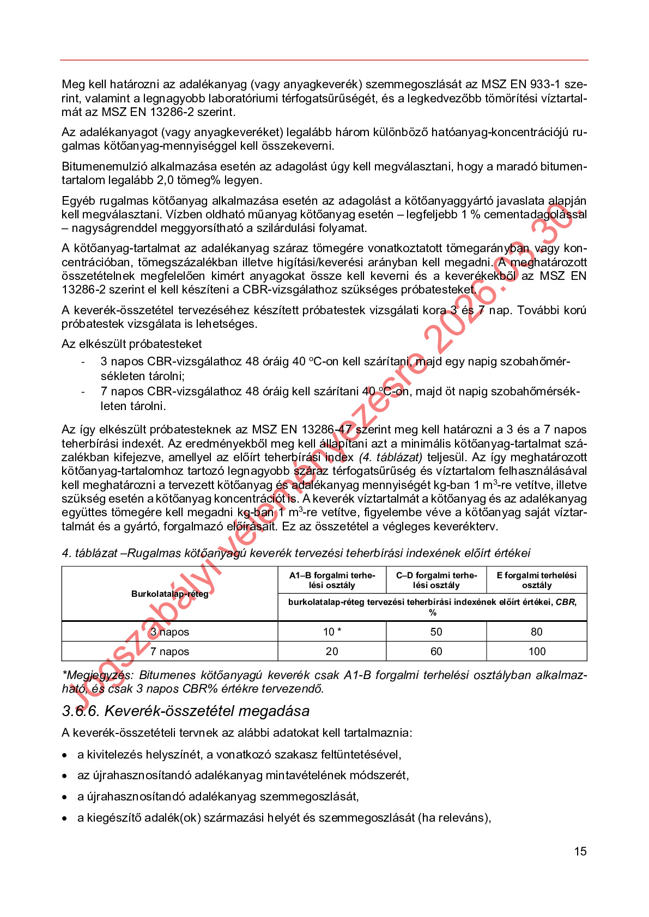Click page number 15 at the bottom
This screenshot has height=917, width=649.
coord(580,851)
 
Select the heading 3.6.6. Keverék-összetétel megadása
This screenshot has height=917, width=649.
coord(185,711)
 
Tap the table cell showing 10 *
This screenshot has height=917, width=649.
coord(332,632)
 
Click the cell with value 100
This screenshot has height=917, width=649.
coord(536,651)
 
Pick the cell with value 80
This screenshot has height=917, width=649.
coord(536,632)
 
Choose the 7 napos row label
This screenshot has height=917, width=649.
coord(169,651)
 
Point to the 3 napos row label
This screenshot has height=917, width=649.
coord(169,632)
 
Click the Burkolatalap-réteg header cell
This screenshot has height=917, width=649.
coord(169,594)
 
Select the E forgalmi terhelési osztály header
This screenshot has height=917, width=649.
coord(536,580)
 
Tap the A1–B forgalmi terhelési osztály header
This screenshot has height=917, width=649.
coord(332,580)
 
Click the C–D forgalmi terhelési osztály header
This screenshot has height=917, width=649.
coord(436,580)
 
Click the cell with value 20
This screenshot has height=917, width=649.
coord(332,651)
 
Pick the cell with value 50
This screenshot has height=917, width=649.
coord(436,632)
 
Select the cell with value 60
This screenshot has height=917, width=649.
coord(436,651)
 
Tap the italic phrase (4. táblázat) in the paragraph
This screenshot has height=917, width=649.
coord(390,457)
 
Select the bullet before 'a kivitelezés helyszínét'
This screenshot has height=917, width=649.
coord(65,755)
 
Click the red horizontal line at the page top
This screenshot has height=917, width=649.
coord(324,60)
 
